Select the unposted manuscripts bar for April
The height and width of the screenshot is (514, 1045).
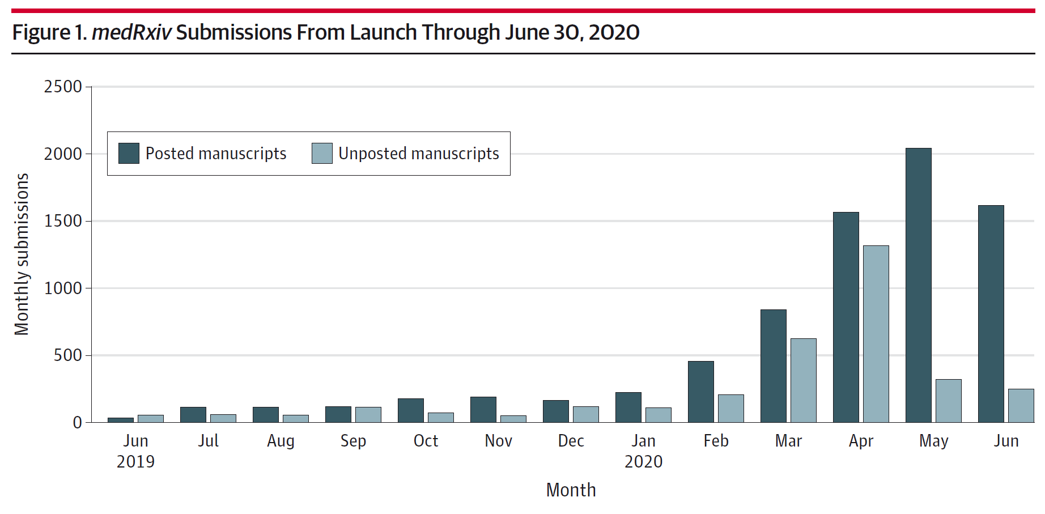[x=876, y=334]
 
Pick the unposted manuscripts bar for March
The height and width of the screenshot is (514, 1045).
[x=803, y=380]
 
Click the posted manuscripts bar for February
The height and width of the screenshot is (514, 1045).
[x=700, y=392]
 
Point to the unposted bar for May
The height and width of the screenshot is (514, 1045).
[x=948, y=401]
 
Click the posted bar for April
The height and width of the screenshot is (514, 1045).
[x=846, y=317]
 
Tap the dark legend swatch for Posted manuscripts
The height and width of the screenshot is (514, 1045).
[x=129, y=154]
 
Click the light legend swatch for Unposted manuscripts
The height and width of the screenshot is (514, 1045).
[x=322, y=154]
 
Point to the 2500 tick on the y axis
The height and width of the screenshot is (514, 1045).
[x=63, y=87]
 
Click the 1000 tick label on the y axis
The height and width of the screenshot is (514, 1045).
[x=63, y=288]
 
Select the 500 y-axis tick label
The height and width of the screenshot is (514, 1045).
[x=67, y=355]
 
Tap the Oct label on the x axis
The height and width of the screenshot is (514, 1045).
[x=426, y=441]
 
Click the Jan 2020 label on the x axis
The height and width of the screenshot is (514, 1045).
[x=643, y=451]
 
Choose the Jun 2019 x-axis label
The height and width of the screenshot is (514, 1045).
[x=135, y=451]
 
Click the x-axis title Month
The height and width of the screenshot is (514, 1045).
[x=571, y=490]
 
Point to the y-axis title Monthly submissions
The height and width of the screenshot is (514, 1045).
[x=22, y=254]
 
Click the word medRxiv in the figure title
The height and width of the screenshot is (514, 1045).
[x=131, y=32]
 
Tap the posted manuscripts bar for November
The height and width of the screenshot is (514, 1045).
[x=483, y=409]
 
